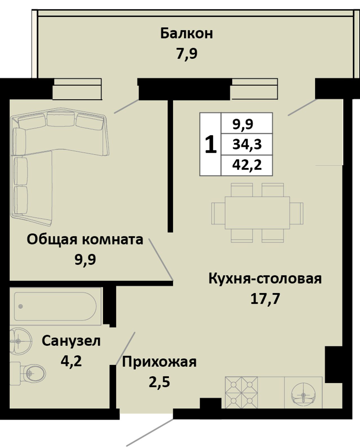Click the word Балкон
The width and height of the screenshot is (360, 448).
186,34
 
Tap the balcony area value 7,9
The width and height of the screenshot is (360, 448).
187,54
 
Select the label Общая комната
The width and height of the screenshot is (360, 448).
85,240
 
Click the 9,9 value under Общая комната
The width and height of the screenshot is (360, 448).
85,259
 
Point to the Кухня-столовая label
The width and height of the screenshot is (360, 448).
265,279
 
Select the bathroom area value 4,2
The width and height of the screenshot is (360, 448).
71,361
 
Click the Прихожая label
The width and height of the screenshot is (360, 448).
159,363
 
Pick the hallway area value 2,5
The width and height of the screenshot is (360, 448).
159,382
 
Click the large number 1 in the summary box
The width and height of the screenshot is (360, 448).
211,144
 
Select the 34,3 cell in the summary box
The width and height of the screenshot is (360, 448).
247,144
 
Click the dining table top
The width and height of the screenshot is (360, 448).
257,213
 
